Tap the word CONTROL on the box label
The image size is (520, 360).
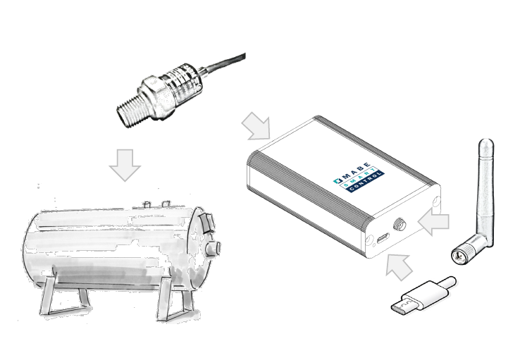coord(365,182)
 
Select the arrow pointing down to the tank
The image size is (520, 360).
coord(125,165)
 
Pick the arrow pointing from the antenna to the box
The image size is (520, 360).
coord(433,222)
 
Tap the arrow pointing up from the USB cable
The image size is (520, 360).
coord(400,266)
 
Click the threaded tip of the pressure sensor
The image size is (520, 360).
coord(130,107)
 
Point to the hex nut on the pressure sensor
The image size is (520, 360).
coord(156,96)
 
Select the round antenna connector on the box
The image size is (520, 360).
coord(400,225)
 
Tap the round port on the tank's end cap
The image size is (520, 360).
coord(213,248)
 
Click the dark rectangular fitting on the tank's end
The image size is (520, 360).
coord(208,223)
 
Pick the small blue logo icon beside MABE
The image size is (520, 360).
coord(338,180)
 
